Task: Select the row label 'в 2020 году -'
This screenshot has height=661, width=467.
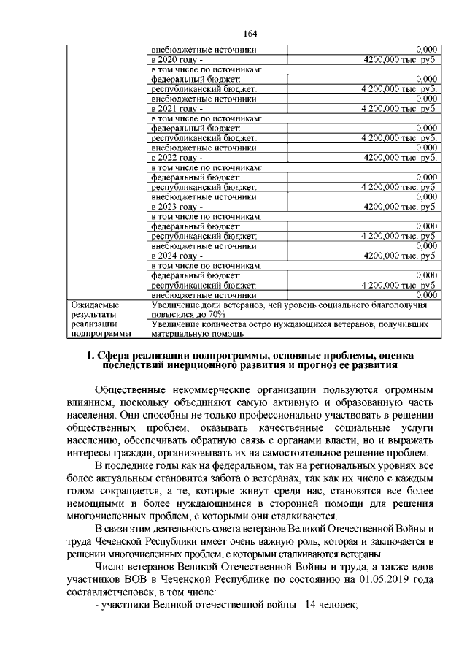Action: coord(175,59)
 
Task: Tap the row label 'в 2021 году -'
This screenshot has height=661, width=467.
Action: coord(175,108)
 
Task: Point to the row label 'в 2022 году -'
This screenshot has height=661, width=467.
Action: coord(175,158)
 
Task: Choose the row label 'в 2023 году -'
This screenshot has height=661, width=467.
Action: coord(175,207)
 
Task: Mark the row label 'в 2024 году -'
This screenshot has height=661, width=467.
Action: coord(175,256)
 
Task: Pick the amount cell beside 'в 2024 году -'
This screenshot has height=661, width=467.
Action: coord(400,256)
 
